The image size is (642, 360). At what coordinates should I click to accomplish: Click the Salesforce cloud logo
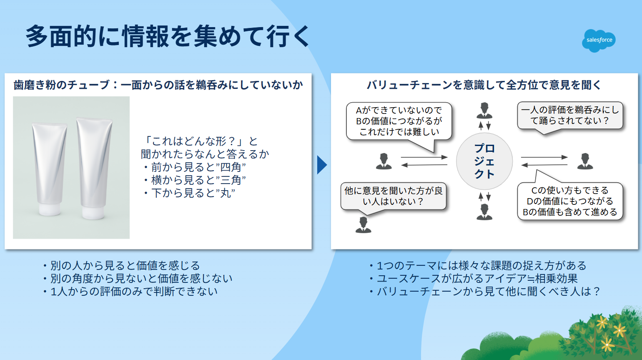click(599, 40)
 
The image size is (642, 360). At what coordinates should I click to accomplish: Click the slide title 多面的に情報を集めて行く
click(168, 36)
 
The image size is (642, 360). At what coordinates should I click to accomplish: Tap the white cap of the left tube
click(50, 209)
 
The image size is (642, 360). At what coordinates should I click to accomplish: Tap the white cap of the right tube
click(93, 212)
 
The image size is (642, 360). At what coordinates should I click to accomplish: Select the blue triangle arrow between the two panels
click(322, 165)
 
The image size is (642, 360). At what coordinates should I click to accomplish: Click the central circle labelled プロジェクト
click(484, 161)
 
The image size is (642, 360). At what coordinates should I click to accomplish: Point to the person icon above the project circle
click(484, 111)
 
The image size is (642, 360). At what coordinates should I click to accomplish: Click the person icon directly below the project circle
click(484, 212)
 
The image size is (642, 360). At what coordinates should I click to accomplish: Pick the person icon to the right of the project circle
click(585, 161)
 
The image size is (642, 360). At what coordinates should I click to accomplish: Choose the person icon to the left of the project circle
click(384, 161)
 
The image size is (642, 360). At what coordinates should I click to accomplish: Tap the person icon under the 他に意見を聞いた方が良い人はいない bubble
click(364, 224)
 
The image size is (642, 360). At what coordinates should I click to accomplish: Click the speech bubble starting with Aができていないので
click(399, 121)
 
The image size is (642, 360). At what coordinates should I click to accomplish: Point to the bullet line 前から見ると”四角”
click(195, 167)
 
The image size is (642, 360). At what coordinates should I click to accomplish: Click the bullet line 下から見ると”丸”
click(189, 193)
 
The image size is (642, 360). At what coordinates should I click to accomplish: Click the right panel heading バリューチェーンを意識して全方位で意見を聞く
click(484, 85)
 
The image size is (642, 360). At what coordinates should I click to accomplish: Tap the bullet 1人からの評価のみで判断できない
click(130, 292)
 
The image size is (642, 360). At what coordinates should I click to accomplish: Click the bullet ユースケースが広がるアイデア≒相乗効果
click(474, 279)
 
